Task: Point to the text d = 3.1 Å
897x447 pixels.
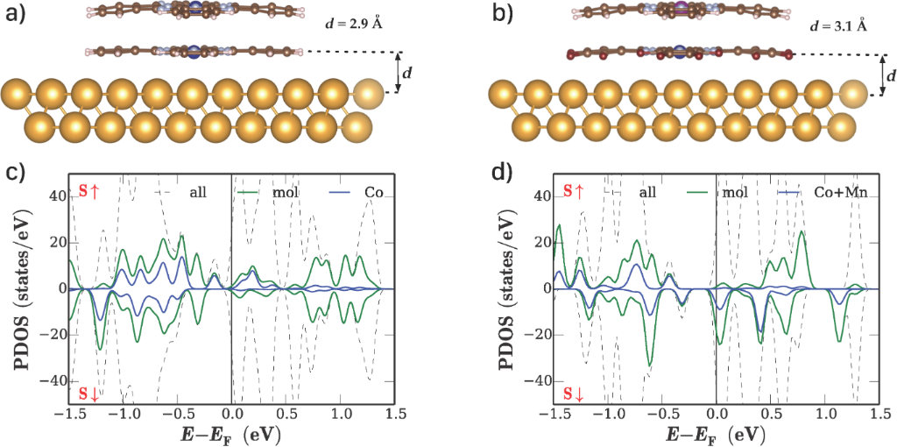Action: click(838, 25)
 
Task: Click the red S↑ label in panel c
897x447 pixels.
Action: click(88, 191)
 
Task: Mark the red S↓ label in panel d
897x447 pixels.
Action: click(573, 392)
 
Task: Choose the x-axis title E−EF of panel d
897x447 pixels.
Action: click(716, 433)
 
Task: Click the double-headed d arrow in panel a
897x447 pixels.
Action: click(399, 73)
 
